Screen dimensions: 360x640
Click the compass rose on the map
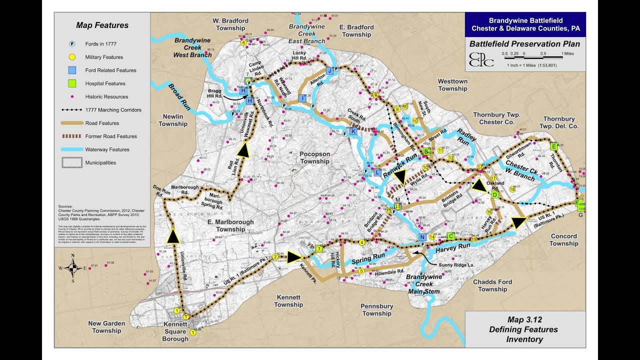click(x=73, y=267)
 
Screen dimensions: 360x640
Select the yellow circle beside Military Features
click(x=72, y=57)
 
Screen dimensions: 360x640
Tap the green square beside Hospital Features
click(x=72, y=83)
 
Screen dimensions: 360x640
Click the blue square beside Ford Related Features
click(x=72, y=70)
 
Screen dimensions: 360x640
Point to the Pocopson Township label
click(x=315, y=157)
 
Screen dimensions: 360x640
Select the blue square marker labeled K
click(x=353, y=131)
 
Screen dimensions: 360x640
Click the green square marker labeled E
click(x=553, y=146)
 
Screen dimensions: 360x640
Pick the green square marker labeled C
click(x=450, y=236)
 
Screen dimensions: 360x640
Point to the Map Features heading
click(x=102, y=25)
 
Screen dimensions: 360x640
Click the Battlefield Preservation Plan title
click(x=524, y=44)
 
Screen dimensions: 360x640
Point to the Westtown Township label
click(x=452, y=85)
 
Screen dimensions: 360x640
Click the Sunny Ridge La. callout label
click(x=456, y=264)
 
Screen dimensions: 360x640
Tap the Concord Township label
click(x=563, y=240)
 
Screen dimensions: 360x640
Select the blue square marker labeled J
click(x=329, y=71)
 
